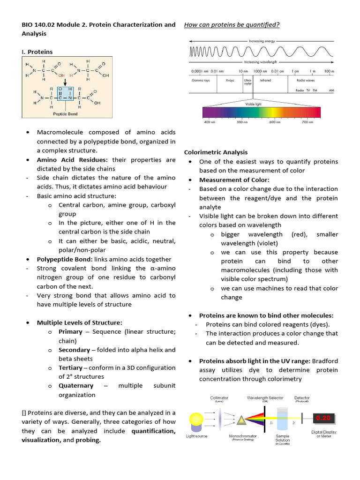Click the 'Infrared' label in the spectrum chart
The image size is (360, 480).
[x=265, y=80]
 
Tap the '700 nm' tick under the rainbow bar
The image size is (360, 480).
[x=307, y=122]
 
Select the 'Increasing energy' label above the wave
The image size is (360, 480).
[x=262, y=41]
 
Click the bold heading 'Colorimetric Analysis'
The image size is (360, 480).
[x=216, y=152]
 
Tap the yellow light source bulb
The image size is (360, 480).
[x=196, y=418]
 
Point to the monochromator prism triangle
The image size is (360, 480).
[x=241, y=420]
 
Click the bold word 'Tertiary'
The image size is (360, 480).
[x=70, y=368]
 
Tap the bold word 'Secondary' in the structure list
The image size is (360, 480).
[x=74, y=350]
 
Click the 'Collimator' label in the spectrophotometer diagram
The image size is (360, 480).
[x=219, y=398]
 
